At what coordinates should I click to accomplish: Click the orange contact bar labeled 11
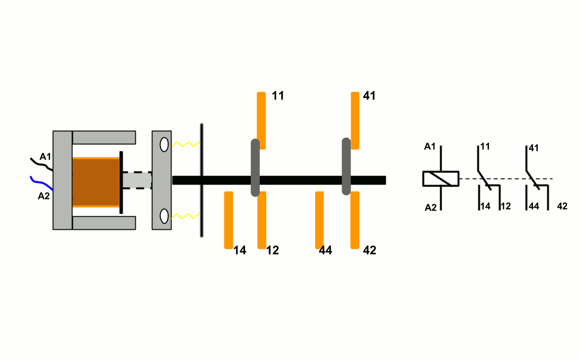pos(261,120)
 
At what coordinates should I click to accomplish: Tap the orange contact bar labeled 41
pos(355,120)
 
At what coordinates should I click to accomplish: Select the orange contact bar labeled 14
pos(228,220)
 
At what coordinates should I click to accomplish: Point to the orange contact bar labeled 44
pos(319,220)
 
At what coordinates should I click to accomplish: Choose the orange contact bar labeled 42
pos(355,220)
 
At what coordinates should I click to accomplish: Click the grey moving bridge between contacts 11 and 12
pos(255,167)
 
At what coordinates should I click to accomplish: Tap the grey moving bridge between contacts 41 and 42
pos(346,166)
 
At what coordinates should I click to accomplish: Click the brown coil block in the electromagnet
pos(96,182)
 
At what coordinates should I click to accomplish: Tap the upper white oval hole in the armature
pos(164,144)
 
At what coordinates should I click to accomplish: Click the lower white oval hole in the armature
pos(164,216)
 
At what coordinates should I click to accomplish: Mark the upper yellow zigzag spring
pos(186,145)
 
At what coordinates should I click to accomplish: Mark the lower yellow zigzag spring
pos(186,216)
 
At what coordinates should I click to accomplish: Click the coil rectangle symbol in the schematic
pos(441,179)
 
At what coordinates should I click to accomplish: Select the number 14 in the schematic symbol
pos(485,206)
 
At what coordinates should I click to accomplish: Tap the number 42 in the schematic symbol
pos(562,206)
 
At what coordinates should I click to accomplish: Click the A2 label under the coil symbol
pos(431,207)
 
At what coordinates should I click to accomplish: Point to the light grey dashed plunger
pos(137,181)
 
